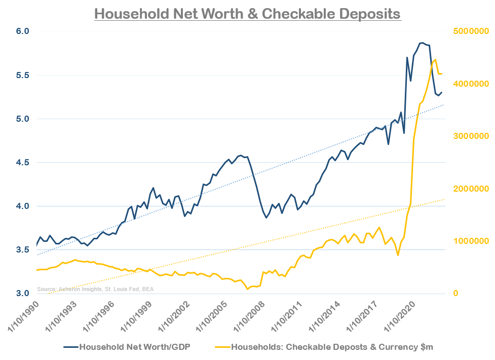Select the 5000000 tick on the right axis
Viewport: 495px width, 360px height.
pyautogui.click(x=469, y=31)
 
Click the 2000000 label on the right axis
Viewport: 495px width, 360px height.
pyautogui.click(x=469, y=189)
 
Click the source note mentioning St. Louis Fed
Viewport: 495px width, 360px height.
pyautogui.click(x=95, y=289)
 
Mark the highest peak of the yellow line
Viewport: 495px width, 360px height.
pyautogui.click(x=435, y=59)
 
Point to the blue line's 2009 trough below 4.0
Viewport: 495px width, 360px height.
pyautogui.click(x=266, y=218)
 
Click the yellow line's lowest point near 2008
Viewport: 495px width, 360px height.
pyautogui.click(x=247, y=289)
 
